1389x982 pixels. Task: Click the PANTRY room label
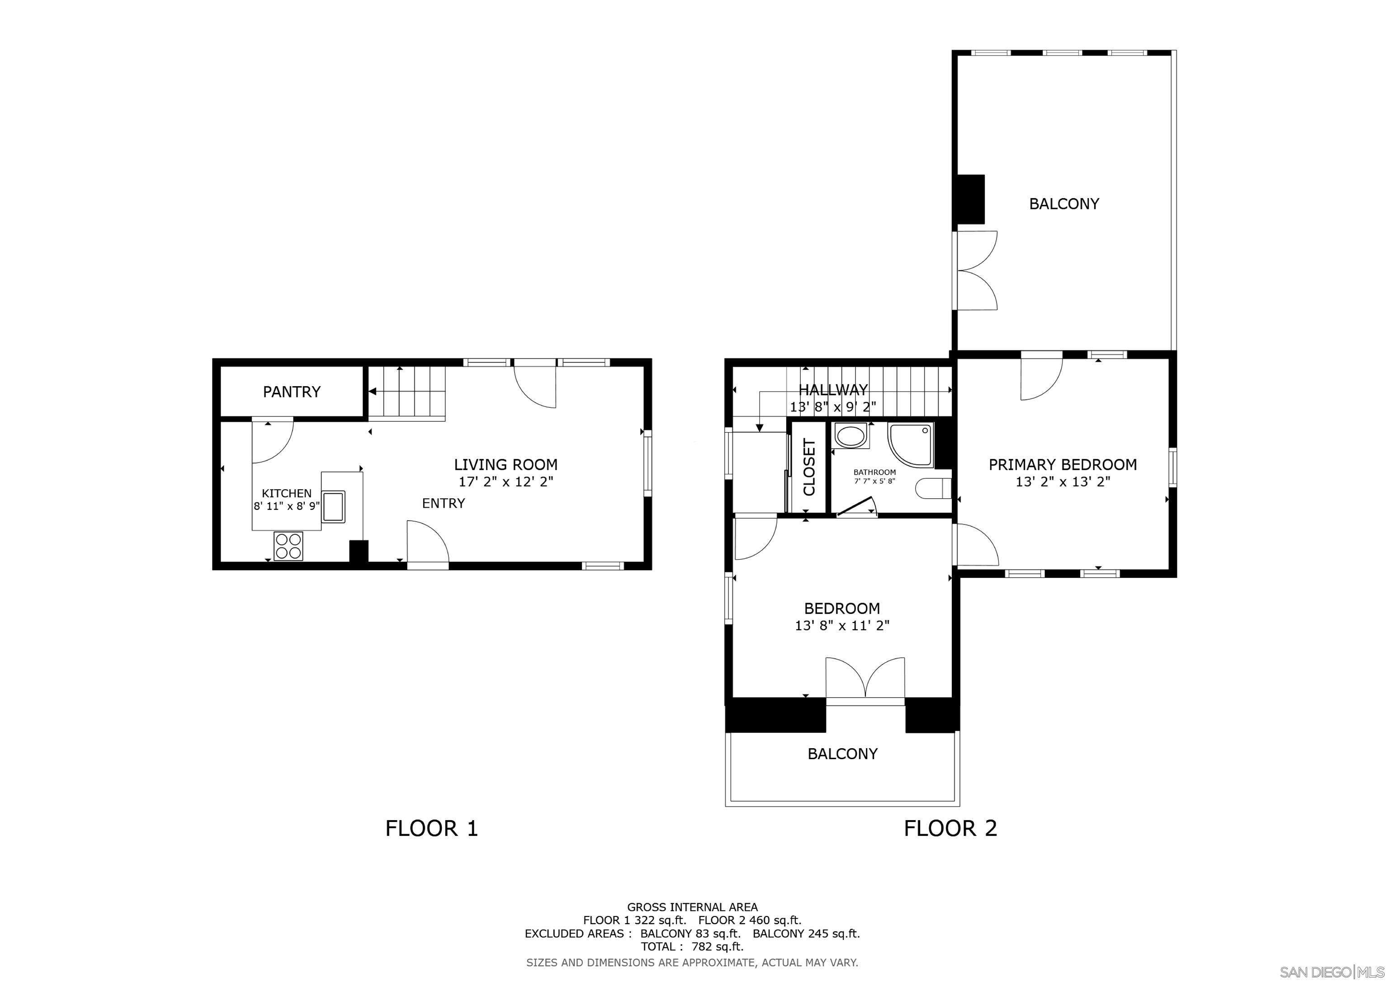(x=291, y=392)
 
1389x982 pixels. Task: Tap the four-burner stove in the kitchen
(x=288, y=546)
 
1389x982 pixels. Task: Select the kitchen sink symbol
(x=333, y=506)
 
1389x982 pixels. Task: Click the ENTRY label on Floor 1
(x=444, y=503)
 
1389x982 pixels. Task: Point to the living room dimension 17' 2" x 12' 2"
(x=506, y=482)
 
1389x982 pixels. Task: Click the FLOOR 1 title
(x=431, y=828)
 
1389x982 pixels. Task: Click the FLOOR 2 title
(x=950, y=828)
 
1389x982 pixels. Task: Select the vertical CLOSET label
(x=809, y=467)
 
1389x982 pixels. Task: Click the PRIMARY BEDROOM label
(x=1062, y=465)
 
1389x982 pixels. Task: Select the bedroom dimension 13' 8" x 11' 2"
(x=841, y=626)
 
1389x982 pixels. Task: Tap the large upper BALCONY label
(x=1063, y=204)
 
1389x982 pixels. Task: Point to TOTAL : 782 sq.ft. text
(x=692, y=947)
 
